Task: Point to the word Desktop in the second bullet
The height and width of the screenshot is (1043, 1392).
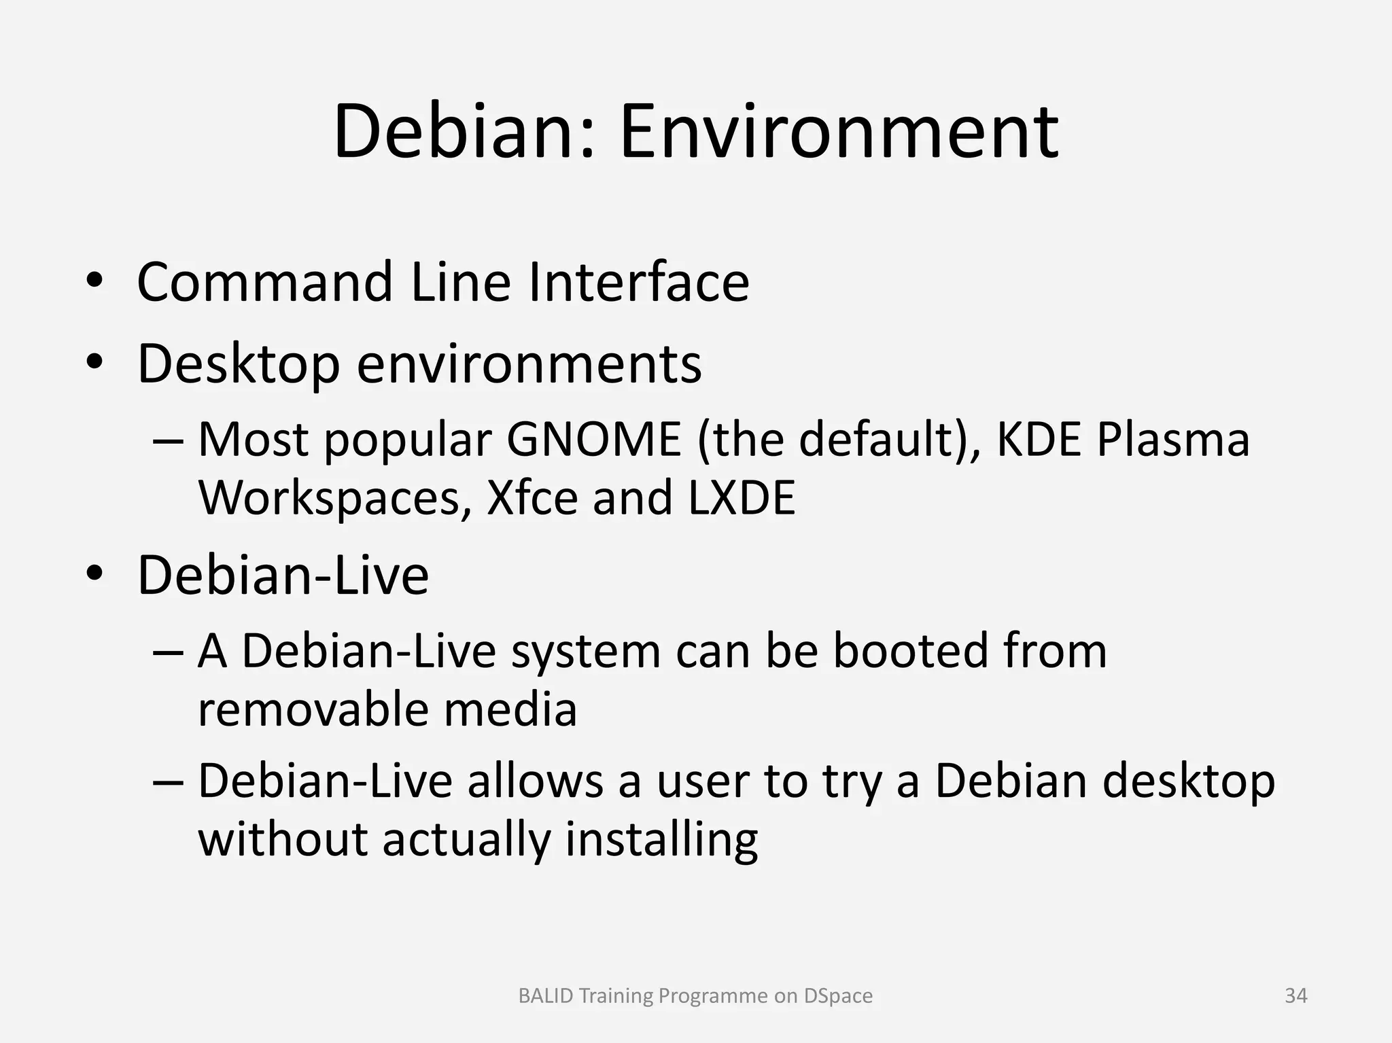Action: pyautogui.click(x=238, y=365)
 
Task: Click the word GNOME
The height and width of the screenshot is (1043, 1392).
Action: pyautogui.click(x=593, y=440)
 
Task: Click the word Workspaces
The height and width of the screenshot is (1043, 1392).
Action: pyautogui.click(x=329, y=498)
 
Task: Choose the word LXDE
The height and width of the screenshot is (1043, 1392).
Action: pyautogui.click(x=742, y=498)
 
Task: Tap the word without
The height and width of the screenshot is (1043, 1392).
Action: pyautogui.click(x=282, y=840)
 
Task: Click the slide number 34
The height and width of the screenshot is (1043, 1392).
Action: pyautogui.click(x=1295, y=996)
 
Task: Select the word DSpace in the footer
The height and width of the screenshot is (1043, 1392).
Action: pyautogui.click(x=838, y=996)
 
